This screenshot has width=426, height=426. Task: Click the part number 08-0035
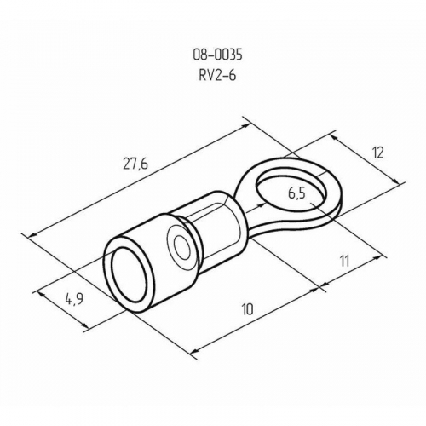click(x=217, y=55)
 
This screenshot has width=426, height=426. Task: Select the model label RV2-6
click(x=217, y=75)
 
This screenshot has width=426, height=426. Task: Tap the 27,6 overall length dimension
click(x=135, y=164)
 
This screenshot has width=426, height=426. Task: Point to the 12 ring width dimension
click(x=378, y=153)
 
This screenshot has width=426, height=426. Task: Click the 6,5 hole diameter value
click(x=296, y=193)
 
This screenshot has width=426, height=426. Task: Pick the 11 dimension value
click(x=344, y=261)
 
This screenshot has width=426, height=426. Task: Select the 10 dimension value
click(x=247, y=309)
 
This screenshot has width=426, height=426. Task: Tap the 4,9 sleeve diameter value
click(x=74, y=299)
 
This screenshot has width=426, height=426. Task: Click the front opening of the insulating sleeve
click(x=130, y=274)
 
